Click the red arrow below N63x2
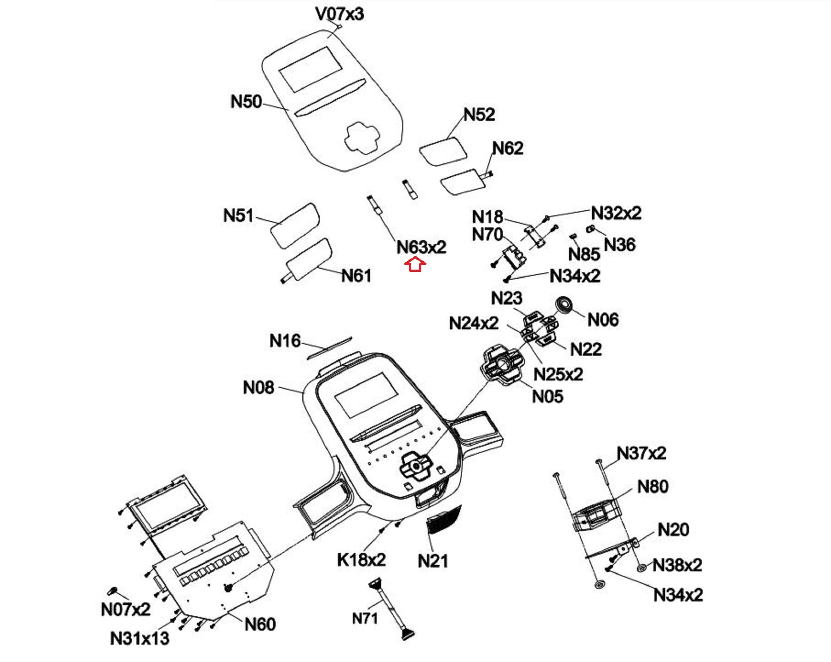point(415,265)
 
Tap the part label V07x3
point(340,14)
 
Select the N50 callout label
point(246,102)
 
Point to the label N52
point(479,115)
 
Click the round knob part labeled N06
point(564,305)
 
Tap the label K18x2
point(361,560)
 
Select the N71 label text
point(365,618)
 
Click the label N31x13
point(139,638)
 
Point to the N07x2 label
point(126,609)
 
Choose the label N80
point(653,486)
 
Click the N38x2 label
point(677,565)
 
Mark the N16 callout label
point(285,341)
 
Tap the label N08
point(258,387)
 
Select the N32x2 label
point(616,213)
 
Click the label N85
point(584,254)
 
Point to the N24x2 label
point(474,323)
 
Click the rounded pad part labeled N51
point(295,225)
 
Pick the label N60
point(260,624)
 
